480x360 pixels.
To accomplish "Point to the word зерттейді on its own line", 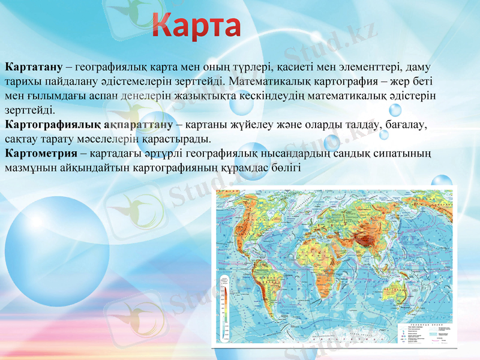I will (x=29, y=110).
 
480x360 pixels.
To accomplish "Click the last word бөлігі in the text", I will (x=285, y=167).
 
